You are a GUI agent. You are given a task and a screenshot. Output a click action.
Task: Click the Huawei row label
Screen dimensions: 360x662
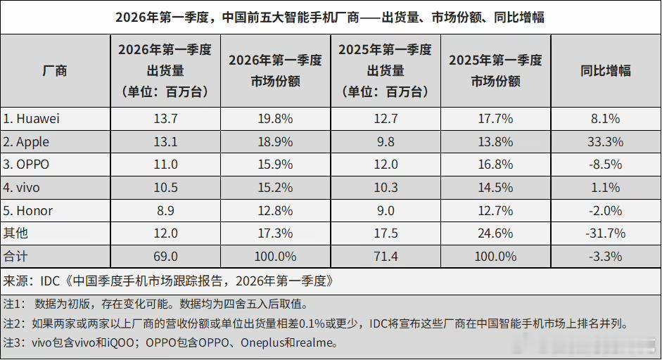point(32,119)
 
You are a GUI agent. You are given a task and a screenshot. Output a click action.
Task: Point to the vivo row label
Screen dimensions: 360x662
point(23,188)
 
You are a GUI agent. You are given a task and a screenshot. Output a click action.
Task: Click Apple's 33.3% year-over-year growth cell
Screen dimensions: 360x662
point(605,142)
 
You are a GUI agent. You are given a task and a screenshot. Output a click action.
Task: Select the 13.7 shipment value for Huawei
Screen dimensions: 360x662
point(165,119)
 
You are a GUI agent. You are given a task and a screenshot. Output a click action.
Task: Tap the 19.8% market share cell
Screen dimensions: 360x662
point(275,119)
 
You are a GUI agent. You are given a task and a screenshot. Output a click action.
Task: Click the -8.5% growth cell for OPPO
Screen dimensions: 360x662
point(605,165)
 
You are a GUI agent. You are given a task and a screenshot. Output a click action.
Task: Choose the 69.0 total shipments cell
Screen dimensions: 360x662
point(165,256)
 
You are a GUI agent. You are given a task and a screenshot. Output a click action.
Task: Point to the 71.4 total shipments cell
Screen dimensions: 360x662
point(385,256)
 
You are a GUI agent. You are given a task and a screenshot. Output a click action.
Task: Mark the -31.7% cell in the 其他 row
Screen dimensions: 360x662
point(605,233)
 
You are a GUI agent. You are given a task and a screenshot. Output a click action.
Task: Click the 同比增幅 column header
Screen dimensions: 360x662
point(605,70)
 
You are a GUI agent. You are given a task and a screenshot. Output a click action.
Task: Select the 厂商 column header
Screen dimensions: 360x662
point(55,70)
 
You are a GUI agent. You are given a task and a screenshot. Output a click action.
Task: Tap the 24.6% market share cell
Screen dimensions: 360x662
point(495,233)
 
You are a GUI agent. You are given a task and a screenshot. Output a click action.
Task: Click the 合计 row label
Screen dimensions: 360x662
point(15,256)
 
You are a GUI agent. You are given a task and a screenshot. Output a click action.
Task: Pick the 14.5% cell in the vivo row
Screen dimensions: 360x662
point(495,188)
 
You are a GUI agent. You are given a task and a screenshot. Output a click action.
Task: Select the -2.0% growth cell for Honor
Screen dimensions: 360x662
point(605,210)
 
